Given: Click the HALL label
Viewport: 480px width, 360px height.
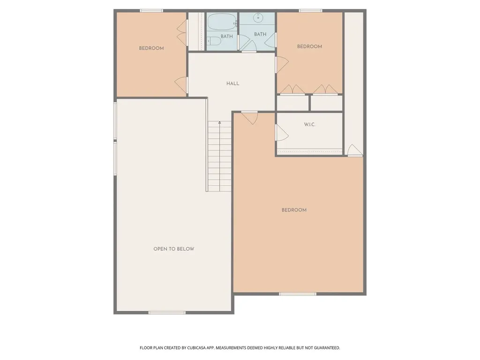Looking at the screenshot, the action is pyautogui.click(x=232, y=83).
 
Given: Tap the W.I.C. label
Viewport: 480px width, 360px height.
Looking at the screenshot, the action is pyautogui.click(x=309, y=124).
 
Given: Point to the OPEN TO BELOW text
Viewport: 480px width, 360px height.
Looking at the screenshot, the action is pyautogui.click(x=173, y=249).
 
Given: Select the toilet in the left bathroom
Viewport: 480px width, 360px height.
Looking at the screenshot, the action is pyautogui.click(x=214, y=41).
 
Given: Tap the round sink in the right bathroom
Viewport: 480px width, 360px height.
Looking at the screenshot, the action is pyautogui.click(x=258, y=18).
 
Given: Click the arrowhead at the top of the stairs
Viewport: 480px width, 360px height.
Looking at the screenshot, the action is pyautogui.click(x=219, y=122).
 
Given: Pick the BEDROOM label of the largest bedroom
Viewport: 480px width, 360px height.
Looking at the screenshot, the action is pyautogui.click(x=294, y=210).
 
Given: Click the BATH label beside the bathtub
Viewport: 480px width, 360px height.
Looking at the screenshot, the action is pyautogui.click(x=226, y=37).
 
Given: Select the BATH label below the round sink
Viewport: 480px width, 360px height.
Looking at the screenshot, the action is pyautogui.click(x=260, y=34).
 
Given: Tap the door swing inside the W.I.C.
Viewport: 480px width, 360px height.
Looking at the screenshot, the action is pyautogui.click(x=282, y=133).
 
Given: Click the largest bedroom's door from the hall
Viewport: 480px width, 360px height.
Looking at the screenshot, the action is pyautogui.click(x=249, y=118).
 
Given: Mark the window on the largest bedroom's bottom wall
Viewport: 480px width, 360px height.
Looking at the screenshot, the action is pyautogui.click(x=297, y=294).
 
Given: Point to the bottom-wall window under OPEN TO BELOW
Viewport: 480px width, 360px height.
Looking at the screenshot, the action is pyautogui.click(x=167, y=313).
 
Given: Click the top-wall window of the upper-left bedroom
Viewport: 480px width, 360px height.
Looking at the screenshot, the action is pyautogui.click(x=151, y=11).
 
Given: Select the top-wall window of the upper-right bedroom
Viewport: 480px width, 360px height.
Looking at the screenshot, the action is pyautogui.click(x=310, y=11).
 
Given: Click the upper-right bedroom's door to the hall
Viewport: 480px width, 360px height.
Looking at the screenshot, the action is pyautogui.click(x=282, y=65).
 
